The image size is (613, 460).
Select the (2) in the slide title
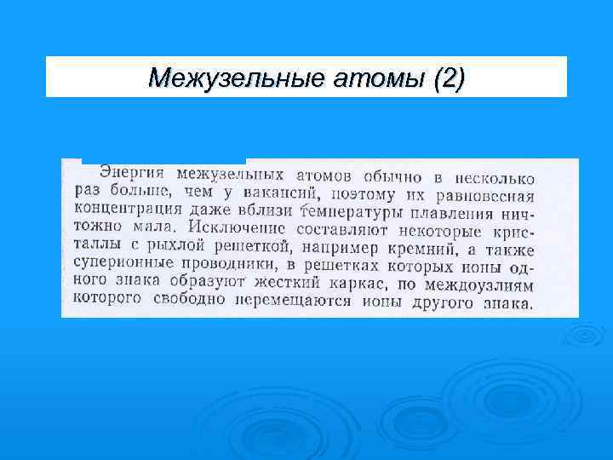[449, 78]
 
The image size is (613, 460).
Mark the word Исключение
[238, 228]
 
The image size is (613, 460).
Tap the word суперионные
[118, 265]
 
